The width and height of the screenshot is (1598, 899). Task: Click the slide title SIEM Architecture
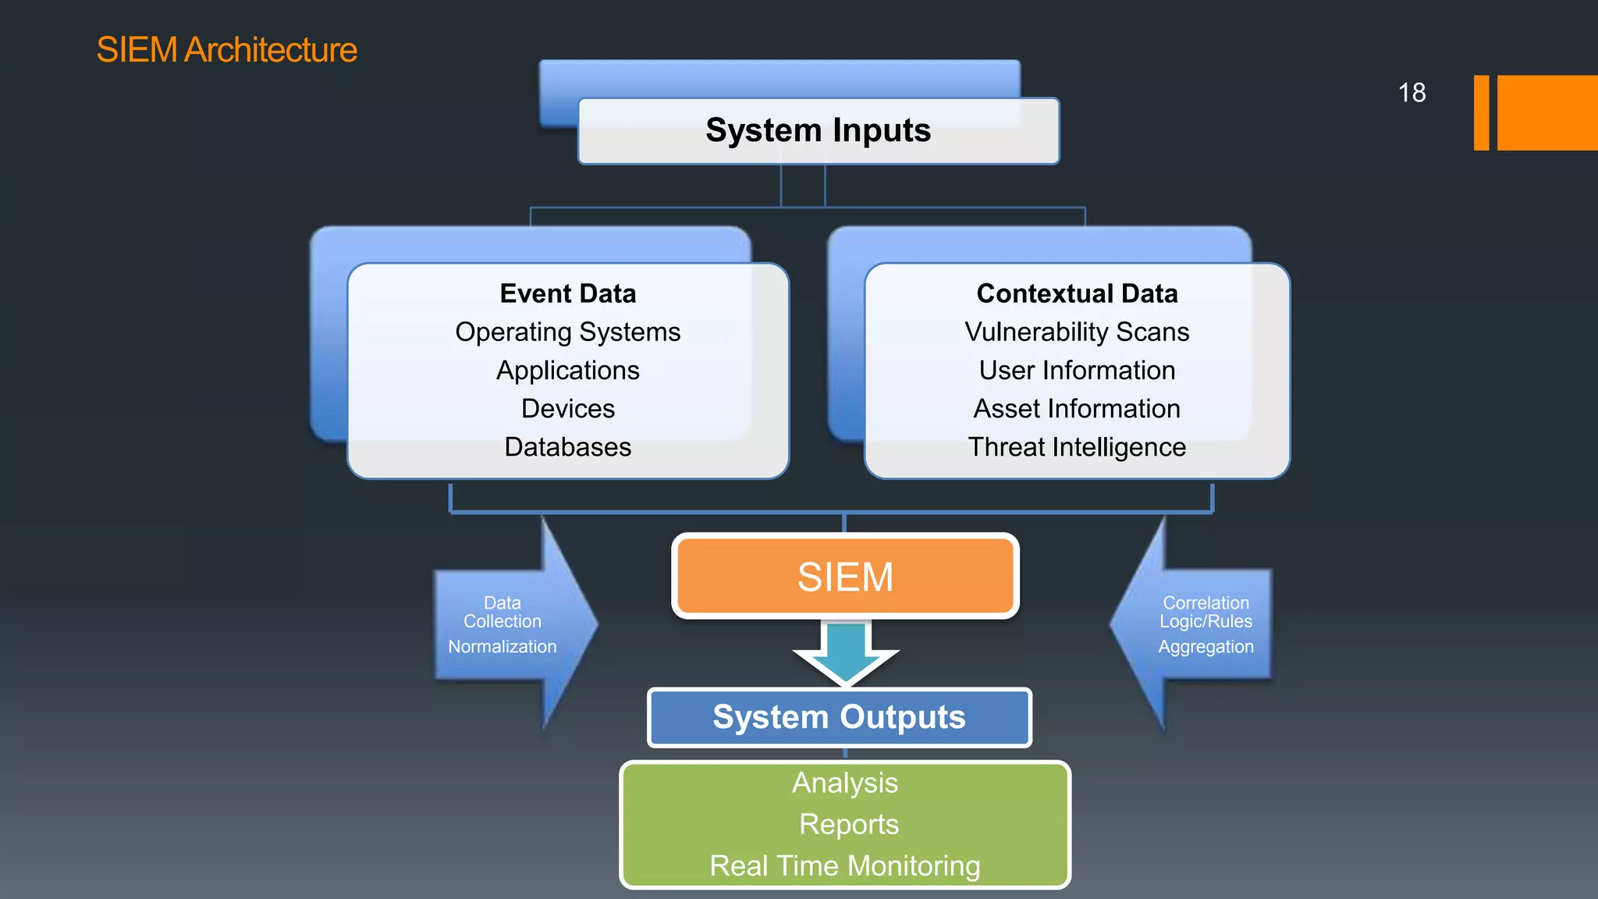point(226,50)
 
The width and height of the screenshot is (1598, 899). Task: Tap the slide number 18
point(1412,93)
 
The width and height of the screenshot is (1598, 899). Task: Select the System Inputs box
point(818,130)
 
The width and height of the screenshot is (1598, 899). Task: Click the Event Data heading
point(568,293)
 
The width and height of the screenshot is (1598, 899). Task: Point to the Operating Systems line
point(568,332)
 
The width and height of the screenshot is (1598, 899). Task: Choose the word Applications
point(568,371)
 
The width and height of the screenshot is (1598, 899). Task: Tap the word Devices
point(568,409)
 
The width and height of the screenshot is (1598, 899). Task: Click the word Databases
point(568,447)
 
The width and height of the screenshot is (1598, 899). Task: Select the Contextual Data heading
point(1077,293)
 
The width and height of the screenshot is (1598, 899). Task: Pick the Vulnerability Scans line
point(1077,332)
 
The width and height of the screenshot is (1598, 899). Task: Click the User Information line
point(1077,371)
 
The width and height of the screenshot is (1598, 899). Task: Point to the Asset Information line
point(1077,409)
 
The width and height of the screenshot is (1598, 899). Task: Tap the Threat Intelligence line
point(1077,447)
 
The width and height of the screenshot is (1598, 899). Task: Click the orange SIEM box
point(845,577)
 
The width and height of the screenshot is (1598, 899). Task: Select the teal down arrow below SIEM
point(846,652)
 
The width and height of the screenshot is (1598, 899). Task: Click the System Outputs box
point(839,717)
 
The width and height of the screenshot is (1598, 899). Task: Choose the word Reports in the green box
point(849,825)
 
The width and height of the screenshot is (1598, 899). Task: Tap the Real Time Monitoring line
point(845,866)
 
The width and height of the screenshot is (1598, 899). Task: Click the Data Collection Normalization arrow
point(507,624)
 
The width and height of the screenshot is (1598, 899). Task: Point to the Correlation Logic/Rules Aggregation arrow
point(1202,624)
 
